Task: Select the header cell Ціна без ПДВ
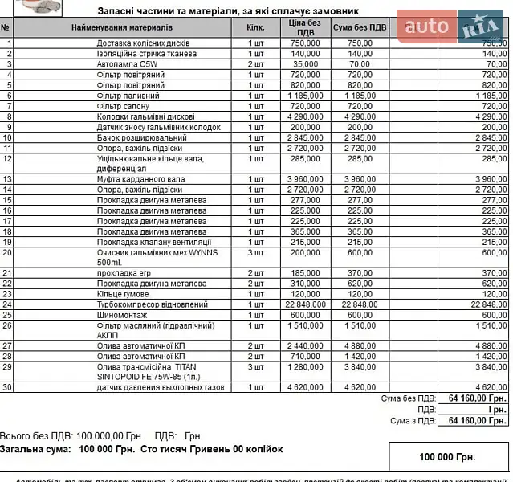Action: coord(304,27)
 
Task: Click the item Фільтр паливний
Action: coord(128,96)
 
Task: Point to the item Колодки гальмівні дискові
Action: coord(145,116)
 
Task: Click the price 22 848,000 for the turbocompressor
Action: coord(304,304)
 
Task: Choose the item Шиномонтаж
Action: coord(121,315)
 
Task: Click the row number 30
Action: coord(7,387)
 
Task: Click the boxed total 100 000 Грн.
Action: coord(447,456)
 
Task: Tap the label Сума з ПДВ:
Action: coord(413,420)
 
